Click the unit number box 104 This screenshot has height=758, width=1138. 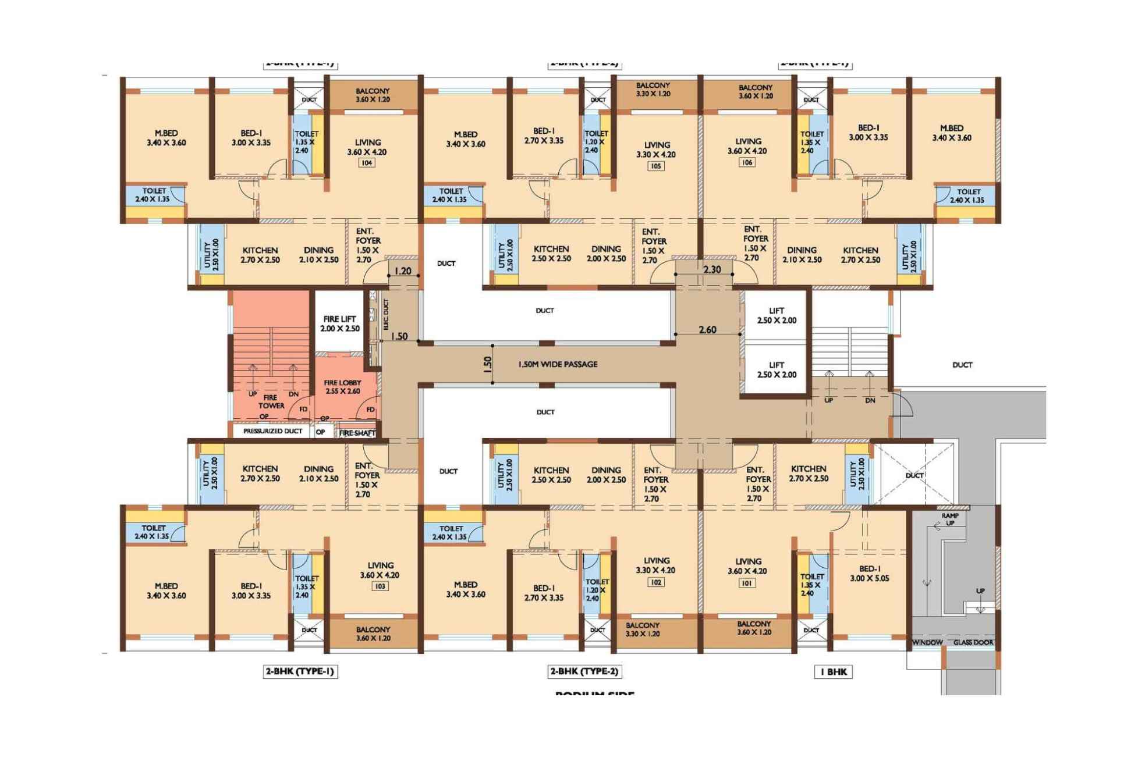(x=367, y=163)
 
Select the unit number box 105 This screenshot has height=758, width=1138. (x=655, y=166)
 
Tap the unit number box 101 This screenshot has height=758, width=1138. (x=747, y=582)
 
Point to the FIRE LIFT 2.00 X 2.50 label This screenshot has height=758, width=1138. (x=340, y=323)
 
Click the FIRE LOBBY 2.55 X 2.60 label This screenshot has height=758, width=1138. (x=342, y=387)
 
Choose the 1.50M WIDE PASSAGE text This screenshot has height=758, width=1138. (x=558, y=364)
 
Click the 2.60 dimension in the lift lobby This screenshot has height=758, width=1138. (x=707, y=330)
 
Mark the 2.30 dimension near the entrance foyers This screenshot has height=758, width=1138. (x=711, y=269)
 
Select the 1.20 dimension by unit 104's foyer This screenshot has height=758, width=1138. (x=403, y=271)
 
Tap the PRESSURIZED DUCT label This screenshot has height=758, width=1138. (x=272, y=431)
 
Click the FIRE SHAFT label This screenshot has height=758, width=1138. (x=357, y=433)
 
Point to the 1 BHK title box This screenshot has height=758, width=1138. (x=833, y=672)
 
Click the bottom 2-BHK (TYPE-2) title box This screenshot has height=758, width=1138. (x=584, y=671)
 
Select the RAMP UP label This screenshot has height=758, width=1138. (x=949, y=519)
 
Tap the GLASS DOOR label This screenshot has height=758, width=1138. (x=973, y=642)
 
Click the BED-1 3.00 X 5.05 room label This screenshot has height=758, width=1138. (x=868, y=573)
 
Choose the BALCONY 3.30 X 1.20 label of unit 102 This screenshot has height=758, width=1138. (x=643, y=629)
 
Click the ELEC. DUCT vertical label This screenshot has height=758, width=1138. (x=385, y=315)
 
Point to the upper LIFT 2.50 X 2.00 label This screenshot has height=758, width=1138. (x=777, y=315)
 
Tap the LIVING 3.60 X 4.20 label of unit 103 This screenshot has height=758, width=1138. (x=380, y=570)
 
